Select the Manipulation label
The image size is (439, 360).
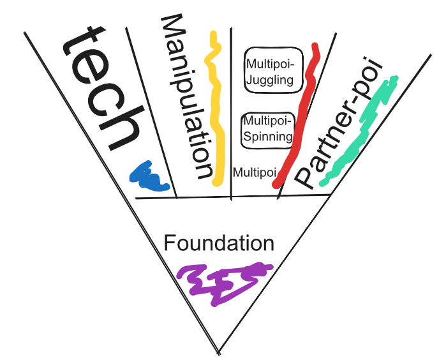click(x=186, y=96)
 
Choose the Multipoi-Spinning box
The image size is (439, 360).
click(x=268, y=130)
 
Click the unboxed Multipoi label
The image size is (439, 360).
click(x=254, y=172)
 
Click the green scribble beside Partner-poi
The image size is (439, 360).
click(x=360, y=131)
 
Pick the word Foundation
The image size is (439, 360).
click(x=219, y=243)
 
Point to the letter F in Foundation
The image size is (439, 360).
click(x=170, y=243)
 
